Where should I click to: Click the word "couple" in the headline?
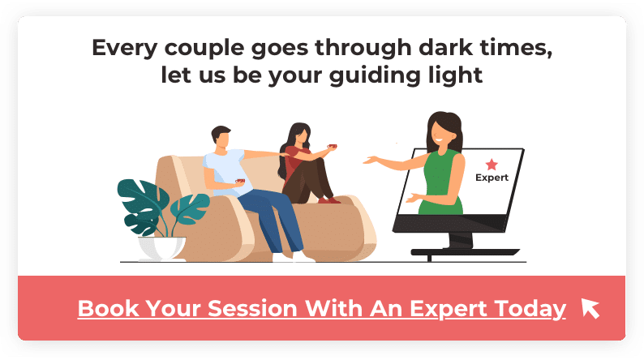(204, 49)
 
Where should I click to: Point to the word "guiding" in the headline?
(375, 76)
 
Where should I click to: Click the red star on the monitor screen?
(492, 165)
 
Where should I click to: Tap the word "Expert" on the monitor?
(492, 178)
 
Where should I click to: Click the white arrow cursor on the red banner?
(590, 308)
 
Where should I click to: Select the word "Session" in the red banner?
(252, 308)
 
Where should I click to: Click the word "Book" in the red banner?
(109, 308)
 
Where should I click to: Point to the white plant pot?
(161, 248)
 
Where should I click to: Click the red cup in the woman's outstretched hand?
(332, 146)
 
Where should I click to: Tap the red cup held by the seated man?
(240, 181)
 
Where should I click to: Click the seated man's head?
(221, 138)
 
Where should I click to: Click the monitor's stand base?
(465, 252)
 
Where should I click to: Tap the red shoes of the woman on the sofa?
(329, 201)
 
